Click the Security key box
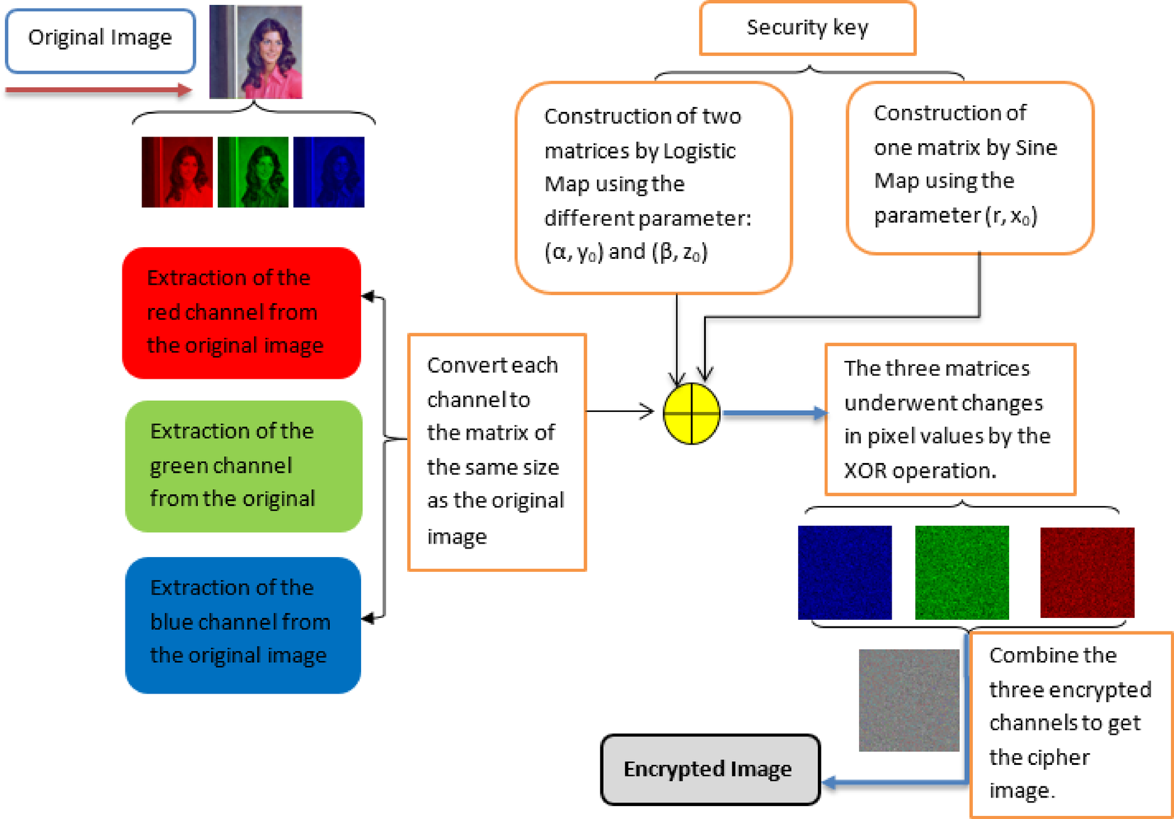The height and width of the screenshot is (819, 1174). [x=807, y=28]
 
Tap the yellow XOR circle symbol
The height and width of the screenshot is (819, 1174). [x=691, y=413]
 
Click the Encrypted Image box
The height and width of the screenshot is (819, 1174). [x=710, y=769]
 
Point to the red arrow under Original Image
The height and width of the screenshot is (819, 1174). [x=98, y=90]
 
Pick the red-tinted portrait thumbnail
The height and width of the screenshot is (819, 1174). [x=177, y=172]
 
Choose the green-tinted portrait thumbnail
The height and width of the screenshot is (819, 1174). [x=253, y=172]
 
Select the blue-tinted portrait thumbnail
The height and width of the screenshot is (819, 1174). [x=328, y=172]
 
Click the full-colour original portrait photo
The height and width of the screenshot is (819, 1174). [x=256, y=52]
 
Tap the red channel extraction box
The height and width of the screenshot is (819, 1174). [x=241, y=312]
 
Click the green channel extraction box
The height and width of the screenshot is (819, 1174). [x=244, y=466]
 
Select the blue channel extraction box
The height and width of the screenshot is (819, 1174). [x=243, y=625]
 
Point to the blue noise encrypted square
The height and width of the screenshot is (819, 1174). [x=844, y=572]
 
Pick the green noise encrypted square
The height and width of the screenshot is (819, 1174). [x=962, y=572]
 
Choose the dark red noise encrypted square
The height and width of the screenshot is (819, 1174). [x=1087, y=572]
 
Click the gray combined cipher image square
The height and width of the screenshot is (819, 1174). [x=908, y=700]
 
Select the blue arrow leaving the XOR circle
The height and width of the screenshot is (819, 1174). [x=774, y=413]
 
